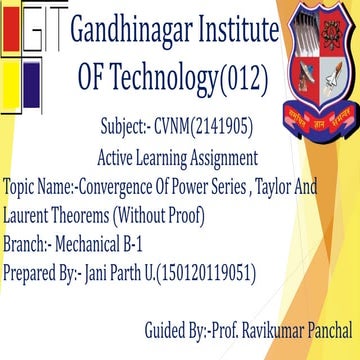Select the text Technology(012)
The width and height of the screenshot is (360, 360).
190,77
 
